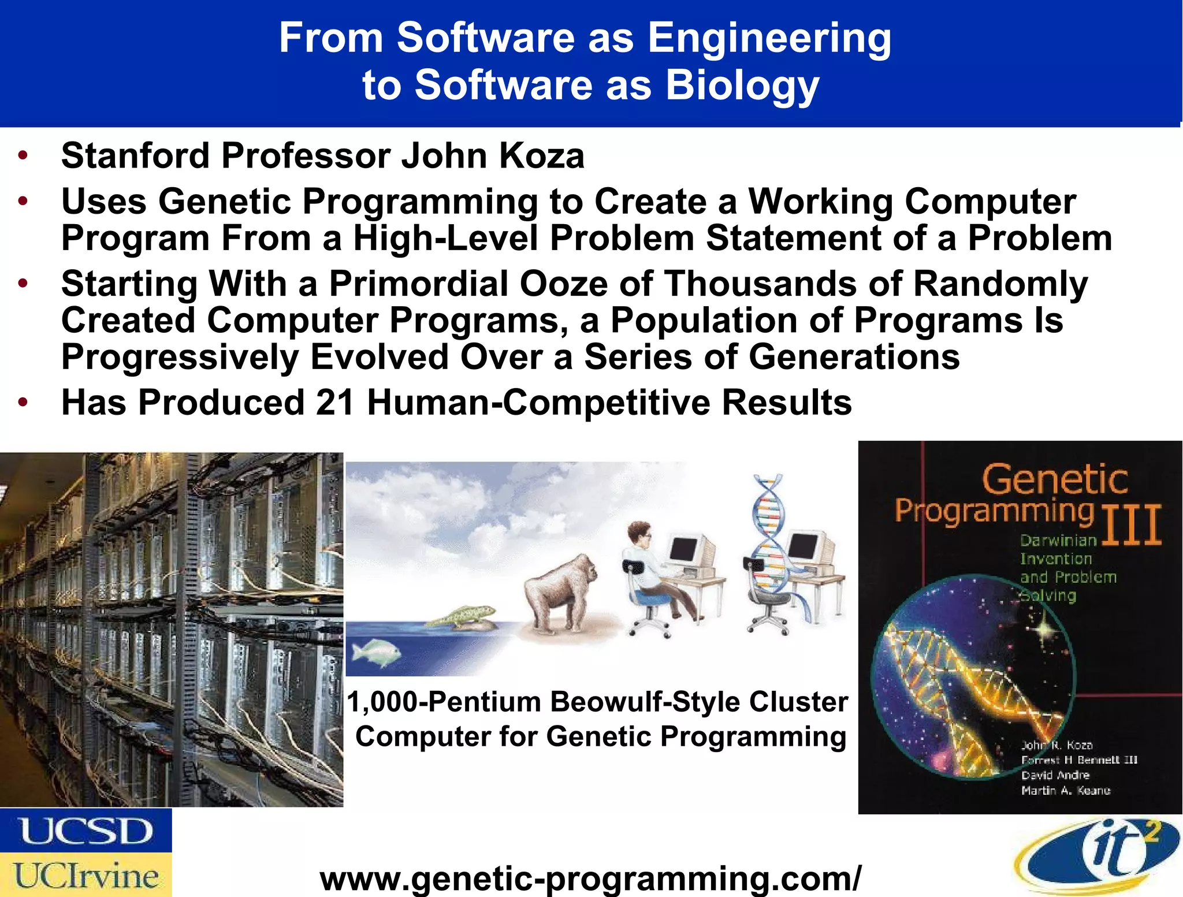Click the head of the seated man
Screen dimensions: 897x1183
pos(641,533)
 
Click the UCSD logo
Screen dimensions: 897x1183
pos(85,831)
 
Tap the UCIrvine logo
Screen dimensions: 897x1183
pos(85,874)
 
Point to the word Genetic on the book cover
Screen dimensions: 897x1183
pos(1055,479)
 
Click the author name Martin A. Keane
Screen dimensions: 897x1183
pos(1066,790)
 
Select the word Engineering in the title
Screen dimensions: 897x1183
pos(769,38)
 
